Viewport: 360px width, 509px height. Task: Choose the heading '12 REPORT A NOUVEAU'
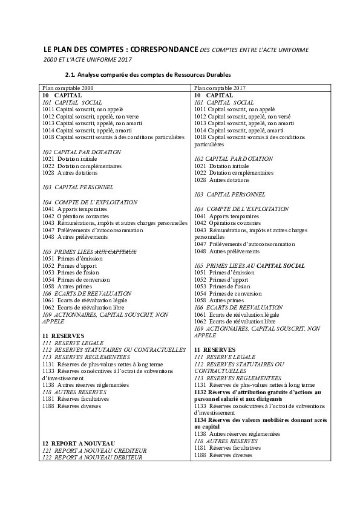point(79,444)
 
